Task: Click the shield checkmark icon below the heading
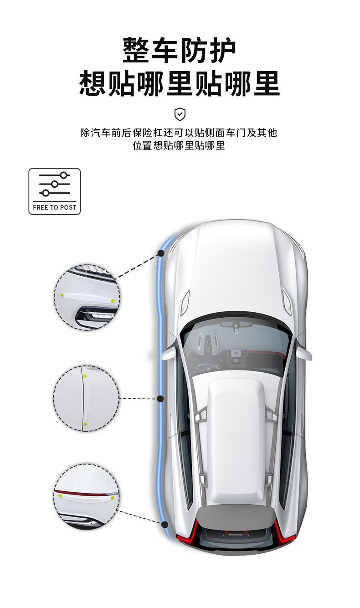[x=180, y=114]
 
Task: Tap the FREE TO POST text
[x=55, y=207]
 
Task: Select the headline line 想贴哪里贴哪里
[x=180, y=83]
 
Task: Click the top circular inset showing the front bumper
[x=87, y=297]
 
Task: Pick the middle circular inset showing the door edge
[x=87, y=398]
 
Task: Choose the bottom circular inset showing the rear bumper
[x=87, y=497]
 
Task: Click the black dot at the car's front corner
[x=160, y=253]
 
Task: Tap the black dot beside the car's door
[x=160, y=399]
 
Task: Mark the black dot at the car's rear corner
[x=164, y=525]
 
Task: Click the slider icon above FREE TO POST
[x=55, y=184]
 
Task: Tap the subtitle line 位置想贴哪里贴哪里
[x=179, y=146]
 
